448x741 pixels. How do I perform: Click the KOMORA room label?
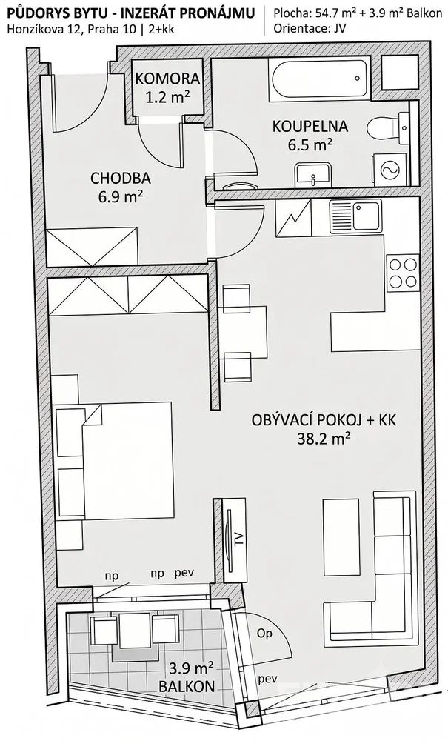click(x=167, y=78)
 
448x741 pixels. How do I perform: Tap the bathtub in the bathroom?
click(x=319, y=79)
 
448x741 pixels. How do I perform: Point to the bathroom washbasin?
click(x=313, y=174)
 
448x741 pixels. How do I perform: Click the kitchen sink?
click(x=355, y=216)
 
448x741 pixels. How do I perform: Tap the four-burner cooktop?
click(x=402, y=273)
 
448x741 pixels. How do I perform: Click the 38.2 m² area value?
click(x=324, y=439)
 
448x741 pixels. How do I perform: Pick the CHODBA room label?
click(x=121, y=178)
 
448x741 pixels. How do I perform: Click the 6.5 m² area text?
click(x=310, y=144)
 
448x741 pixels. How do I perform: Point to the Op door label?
click(x=265, y=634)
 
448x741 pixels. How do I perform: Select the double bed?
click(x=113, y=462)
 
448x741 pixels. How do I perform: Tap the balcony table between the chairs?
click(x=135, y=631)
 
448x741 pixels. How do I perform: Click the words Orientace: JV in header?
click(x=310, y=28)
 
